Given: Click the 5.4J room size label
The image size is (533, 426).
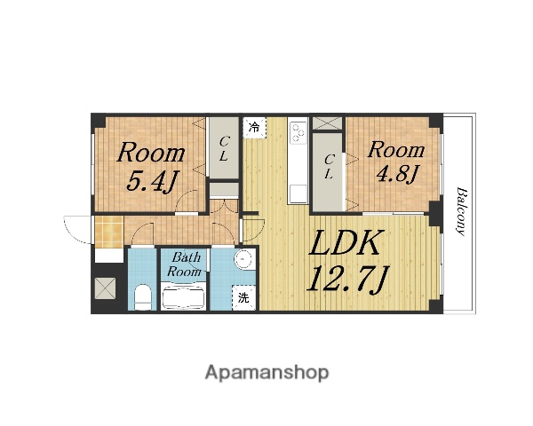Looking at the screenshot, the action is pyautogui.click(x=152, y=183).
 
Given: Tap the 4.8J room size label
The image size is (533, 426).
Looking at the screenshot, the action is pyautogui.click(x=397, y=174).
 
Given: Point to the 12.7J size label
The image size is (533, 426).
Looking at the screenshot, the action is pyautogui.click(x=346, y=280).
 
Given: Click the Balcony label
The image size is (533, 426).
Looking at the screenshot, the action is pyautogui.click(x=461, y=211).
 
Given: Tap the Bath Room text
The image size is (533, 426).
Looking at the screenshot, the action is pyautogui.click(x=184, y=264).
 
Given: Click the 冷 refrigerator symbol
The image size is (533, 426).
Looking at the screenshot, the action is pyautogui.click(x=254, y=128).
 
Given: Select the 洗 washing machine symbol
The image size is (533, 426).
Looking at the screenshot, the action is pyautogui.click(x=243, y=298).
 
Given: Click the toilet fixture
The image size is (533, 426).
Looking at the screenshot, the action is pyautogui.click(x=142, y=297).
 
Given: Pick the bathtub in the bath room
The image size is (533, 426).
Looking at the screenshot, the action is pyautogui.click(x=184, y=297).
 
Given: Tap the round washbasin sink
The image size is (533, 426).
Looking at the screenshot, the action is pyautogui.click(x=244, y=259).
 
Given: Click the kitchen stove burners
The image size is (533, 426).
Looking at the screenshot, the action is pyautogui.click(x=298, y=132).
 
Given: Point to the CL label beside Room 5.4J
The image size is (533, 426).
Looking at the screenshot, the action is pyautogui.click(x=223, y=148).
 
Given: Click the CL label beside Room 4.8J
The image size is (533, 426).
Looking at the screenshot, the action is pyautogui.click(x=329, y=167).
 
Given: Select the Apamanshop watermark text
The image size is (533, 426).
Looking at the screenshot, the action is pyautogui.click(x=266, y=373).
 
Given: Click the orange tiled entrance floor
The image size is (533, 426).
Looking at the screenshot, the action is pyautogui.click(x=108, y=232).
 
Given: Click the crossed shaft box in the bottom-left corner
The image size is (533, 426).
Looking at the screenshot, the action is pyautogui.click(x=105, y=288).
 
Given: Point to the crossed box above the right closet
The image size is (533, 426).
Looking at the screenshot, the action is pyautogui.click(x=327, y=123).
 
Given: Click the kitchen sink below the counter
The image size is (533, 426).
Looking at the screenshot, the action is pyautogui.click(x=298, y=194).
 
